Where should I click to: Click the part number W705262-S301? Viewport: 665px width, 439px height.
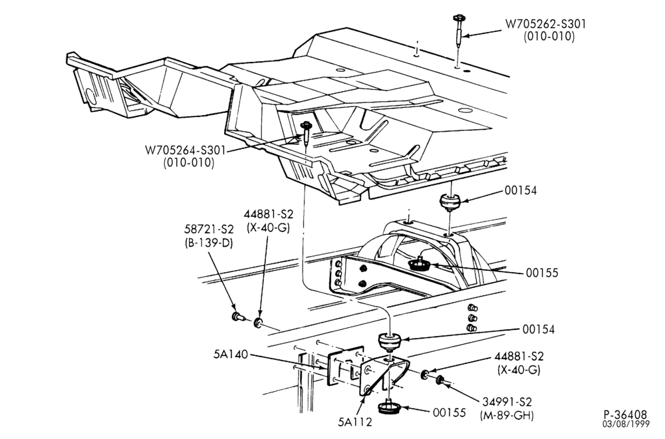[x=545, y=24]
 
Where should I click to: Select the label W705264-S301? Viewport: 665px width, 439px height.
[x=186, y=150]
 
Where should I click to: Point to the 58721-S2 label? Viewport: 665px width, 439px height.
[x=209, y=229]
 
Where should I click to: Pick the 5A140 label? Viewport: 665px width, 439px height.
[x=230, y=354]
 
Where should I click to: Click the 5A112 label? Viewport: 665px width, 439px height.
[x=355, y=422]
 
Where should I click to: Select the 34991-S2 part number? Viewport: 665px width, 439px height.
[x=507, y=401]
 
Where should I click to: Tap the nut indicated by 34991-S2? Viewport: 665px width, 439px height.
[x=440, y=380]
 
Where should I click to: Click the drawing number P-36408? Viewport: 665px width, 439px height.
[x=626, y=414]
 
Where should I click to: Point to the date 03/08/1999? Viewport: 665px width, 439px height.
[x=626, y=424]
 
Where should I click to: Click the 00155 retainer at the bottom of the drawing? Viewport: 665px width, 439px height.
[x=388, y=406]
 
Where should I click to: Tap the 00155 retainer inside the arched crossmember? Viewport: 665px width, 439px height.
[x=420, y=263]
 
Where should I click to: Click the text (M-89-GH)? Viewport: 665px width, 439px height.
[x=507, y=415]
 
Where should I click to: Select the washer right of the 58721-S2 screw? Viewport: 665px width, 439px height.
[x=258, y=323]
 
